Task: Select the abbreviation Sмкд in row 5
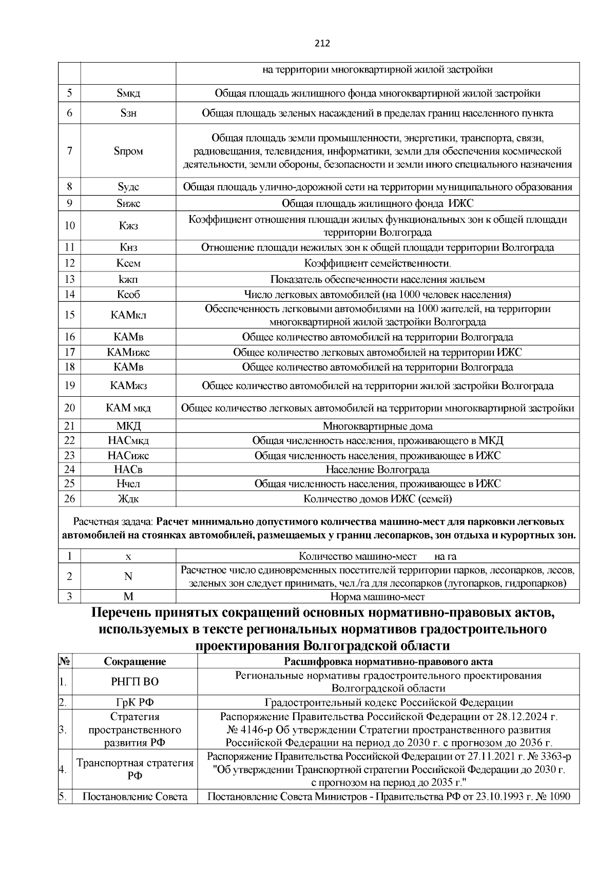pyautogui.click(x=128, y=93)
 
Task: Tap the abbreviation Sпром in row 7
pyautogui.click(x=128, y=151)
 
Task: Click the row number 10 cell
pyautogui.click(x=70, y=226)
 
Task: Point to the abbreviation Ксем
pyautogui.click(x=128, y=264)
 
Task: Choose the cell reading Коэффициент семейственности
pyautogui.click(x=378, y=264)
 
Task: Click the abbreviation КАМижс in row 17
pyautogui.click(x=128, y=353)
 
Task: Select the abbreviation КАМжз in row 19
pyautogui.click(x=128, y=386)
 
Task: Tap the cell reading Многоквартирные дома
pyautogui.click(x=378, y=427)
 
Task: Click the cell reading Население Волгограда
pyautogui.click(x=378, y=470)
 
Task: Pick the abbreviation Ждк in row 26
pyautogui.click(x=128, y=499)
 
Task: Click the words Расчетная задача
pyautogui.click(x=113, y=522)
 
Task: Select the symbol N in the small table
pyautogui.click(x=128, y=577)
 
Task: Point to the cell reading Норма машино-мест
pyautogui.click(x=378, y=597)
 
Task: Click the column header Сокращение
pyautogui.click(x=135, y=661)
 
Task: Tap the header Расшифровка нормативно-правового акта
pyautogui.click(x=388, y=661)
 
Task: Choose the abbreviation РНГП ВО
pyautogui.click(x=135, y=682)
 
